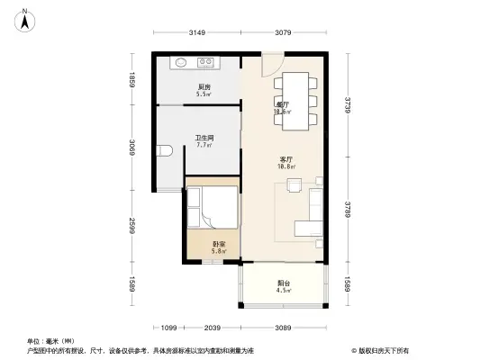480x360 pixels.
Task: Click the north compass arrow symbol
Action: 25,15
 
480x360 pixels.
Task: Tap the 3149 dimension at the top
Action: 198,33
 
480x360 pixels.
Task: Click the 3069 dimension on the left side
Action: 131,148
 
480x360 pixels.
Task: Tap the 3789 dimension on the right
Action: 348,213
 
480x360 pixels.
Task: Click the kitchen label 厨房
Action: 204,88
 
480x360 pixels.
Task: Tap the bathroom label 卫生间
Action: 204,139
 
